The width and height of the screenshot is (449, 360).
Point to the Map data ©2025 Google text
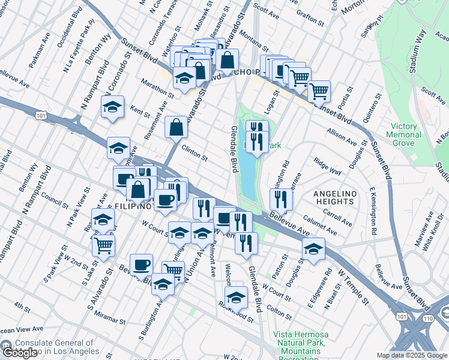coord(412,355)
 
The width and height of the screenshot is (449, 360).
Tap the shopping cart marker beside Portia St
coord(319,92)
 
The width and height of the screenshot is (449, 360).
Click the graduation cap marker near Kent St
coord(112,107)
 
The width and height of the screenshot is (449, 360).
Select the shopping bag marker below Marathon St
coord(175,127)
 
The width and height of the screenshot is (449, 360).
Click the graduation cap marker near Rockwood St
coord(236,297)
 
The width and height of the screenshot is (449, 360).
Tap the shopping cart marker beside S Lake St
coord(104,245)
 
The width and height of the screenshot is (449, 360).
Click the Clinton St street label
coord(194,154)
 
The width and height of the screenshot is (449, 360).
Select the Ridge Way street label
coord(327,167)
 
